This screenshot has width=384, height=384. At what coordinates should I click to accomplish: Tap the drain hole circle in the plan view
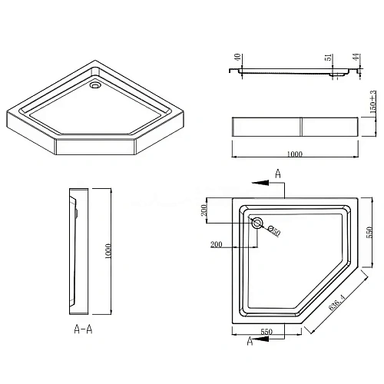point(257,223)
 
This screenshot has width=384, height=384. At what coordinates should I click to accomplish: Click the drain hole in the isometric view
point(94,87)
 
